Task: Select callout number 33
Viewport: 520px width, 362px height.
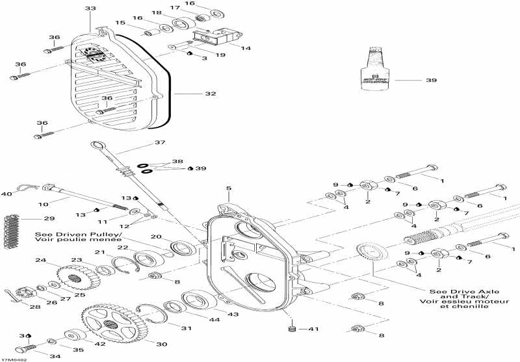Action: [x=90, y=8]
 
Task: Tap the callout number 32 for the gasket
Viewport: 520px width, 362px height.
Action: [x=210, y=94]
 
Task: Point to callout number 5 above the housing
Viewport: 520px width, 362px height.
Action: [x=228, y=189]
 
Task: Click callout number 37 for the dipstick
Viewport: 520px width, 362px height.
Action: [x=160, y=142]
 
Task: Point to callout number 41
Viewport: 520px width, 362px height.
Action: [x=313, y=330]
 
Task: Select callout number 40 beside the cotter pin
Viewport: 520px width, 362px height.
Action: [x=6, y=194]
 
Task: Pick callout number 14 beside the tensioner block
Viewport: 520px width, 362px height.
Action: [x=245, y=49]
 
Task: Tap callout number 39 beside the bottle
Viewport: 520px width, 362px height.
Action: [x=432, y=81]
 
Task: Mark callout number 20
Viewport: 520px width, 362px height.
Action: [x=156, y=237]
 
